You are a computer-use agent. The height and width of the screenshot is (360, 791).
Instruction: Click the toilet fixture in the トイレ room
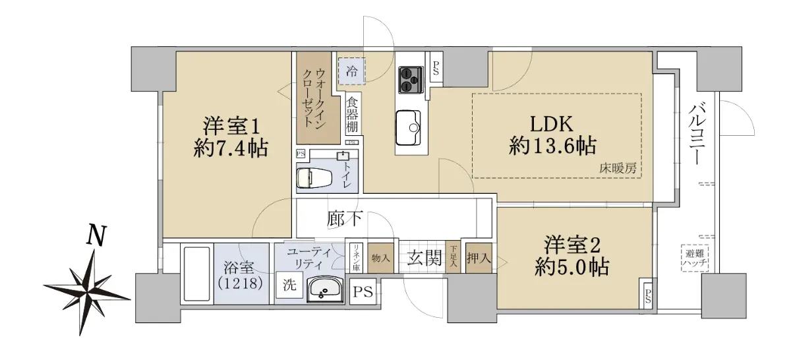pos(313,177)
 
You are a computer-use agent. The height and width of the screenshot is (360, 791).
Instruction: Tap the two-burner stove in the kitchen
pos(411,80)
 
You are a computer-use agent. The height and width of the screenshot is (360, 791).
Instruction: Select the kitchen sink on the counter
pos(408,127)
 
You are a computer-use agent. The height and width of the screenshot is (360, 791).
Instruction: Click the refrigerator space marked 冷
pos(351,72)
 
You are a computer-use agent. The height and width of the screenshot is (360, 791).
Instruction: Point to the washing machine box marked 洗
pos(289,285)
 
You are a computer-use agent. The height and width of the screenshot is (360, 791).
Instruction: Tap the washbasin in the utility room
pos(325,289)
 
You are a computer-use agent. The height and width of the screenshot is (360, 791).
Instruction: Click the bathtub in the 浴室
pos(197,274)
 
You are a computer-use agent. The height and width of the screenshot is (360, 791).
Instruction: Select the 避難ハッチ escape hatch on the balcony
pos(695,258)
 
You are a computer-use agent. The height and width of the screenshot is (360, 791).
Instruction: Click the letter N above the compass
pos(96,235)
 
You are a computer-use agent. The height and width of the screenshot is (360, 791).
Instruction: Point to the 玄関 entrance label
pos(424,258)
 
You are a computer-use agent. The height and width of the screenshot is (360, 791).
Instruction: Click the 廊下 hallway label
pos(344,219)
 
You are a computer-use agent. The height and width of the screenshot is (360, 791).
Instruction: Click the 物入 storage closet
pos(381,258)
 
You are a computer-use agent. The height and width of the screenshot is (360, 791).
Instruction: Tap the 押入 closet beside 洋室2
pos(479,258)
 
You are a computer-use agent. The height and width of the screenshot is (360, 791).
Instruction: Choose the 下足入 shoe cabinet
pos(453,258)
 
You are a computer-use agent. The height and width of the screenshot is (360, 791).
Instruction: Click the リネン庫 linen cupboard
pos(356,258)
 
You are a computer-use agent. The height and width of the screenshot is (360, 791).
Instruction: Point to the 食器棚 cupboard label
pos(352,115)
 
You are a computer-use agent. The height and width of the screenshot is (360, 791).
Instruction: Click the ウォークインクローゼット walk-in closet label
pos(314,98)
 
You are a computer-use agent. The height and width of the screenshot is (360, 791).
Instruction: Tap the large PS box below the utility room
pos(363,292)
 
